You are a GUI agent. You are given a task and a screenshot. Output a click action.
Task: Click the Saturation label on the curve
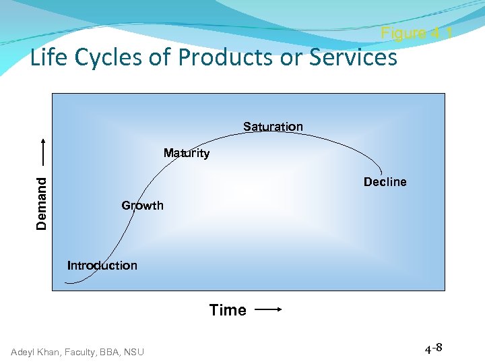(273, 127)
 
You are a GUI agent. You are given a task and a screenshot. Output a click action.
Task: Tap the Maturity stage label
(187, 153)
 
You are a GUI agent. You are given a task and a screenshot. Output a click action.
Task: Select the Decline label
(385, 182)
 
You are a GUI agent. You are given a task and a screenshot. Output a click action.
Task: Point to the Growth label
(142, 206)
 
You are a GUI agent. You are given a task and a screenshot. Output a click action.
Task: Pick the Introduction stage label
(102, 266)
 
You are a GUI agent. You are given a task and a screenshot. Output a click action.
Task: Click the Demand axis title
(42, 203)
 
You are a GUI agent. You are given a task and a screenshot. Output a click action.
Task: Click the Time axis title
(228, 310)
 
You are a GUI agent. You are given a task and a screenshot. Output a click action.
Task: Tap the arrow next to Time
(268, 310)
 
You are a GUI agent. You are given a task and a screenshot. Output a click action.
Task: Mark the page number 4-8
(433, 348)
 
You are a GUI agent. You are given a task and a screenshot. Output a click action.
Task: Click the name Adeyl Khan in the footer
(34, 351)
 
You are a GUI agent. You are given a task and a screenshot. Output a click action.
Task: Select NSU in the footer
(133, 351)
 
